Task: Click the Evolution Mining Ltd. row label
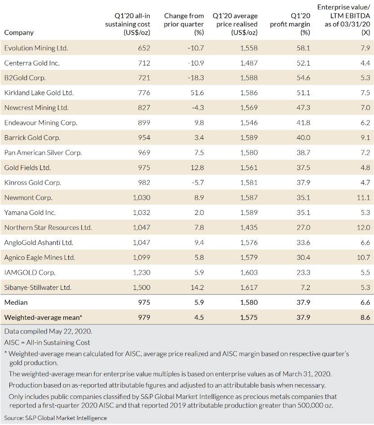(36, 48)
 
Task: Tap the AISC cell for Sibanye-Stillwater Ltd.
(141, 288)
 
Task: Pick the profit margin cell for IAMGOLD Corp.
(303, 272)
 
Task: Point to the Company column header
(19, 32)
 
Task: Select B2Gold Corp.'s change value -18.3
(196, 78)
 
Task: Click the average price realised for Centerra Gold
(249, 63)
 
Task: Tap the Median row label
(16, 302)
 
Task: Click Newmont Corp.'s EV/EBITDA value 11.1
(364, 198)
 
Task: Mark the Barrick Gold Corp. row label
(32, 138)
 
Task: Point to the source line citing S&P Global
(56, 418)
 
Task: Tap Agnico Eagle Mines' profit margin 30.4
(303, 258)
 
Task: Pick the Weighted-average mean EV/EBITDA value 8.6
(365, 318)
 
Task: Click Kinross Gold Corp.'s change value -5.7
(197, 183)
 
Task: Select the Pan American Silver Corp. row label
(43, 153)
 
